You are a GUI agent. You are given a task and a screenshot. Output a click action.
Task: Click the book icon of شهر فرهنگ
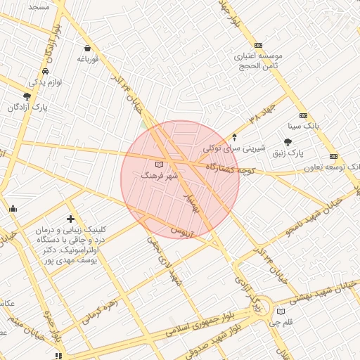coord(158,165)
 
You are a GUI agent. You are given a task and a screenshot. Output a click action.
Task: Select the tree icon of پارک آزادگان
coord(27,96)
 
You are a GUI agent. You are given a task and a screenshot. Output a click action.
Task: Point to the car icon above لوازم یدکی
coord(45,72)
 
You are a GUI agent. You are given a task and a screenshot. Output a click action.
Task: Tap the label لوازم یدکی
coord(45,82)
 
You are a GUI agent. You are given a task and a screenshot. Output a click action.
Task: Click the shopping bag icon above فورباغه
coord(86,49)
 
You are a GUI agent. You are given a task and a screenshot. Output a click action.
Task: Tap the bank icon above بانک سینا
coord(303,115)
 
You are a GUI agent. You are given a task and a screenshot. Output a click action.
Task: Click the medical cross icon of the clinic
coord(70,219)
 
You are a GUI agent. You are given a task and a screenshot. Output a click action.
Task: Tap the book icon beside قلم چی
coord(282,311)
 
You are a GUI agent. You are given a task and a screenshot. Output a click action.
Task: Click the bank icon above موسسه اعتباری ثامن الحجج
coord(258,44)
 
